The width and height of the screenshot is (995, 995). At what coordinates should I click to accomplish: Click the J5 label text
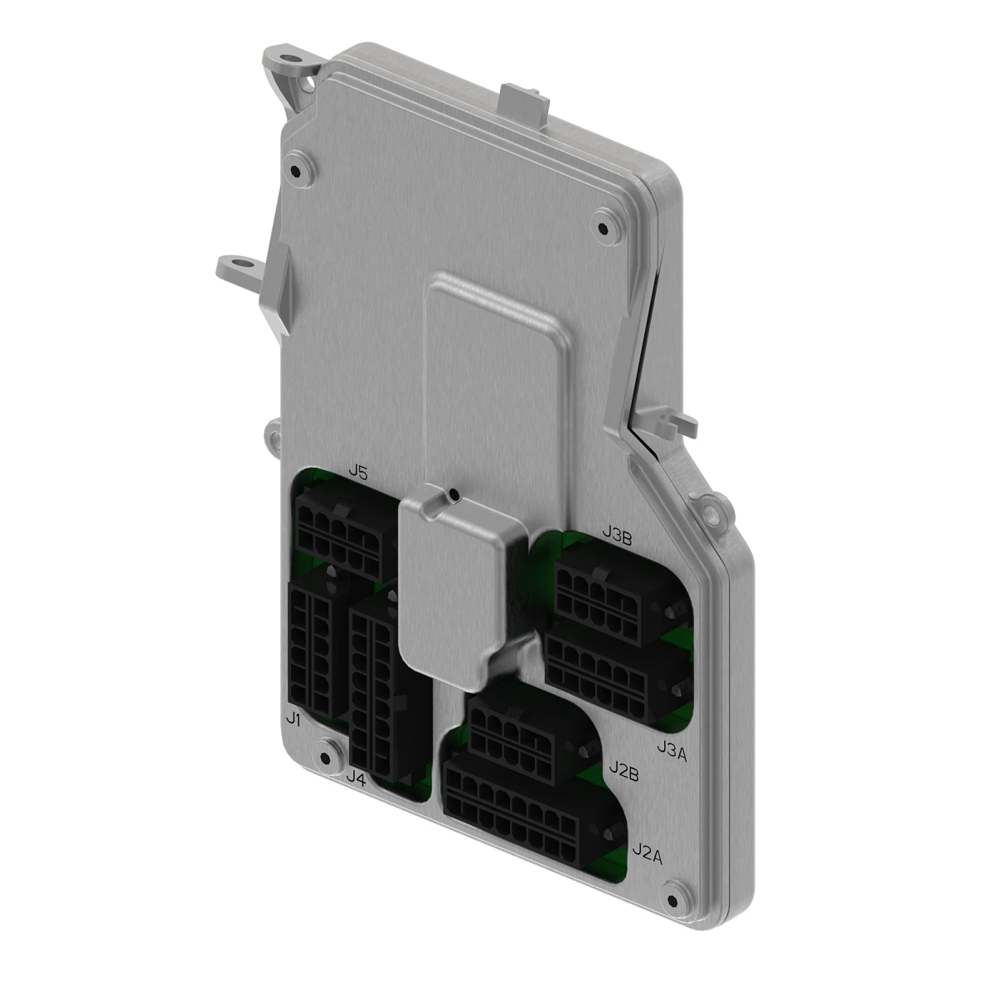coord(358,472)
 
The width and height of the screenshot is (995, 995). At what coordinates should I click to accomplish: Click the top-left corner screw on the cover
coord(297,169)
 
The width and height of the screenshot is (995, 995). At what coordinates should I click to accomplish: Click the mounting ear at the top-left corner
coord(290,70)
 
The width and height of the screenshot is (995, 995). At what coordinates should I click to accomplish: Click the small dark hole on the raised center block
coord(453,496)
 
